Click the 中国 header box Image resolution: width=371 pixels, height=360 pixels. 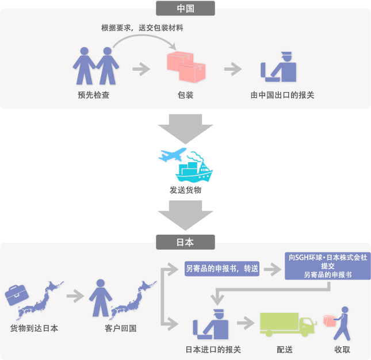[185, 8]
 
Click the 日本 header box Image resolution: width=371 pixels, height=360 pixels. [185, 242]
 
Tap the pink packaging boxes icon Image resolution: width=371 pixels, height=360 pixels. [186, 67]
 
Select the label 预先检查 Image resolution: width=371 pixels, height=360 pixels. [93, 95]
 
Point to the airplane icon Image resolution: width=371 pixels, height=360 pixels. [172, 155]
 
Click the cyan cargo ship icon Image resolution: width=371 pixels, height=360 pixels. [194, 168]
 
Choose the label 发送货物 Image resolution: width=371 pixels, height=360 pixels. [185, 190]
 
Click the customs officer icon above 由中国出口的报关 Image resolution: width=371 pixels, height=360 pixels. [278, 67]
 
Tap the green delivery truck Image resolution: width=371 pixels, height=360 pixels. [288, 324]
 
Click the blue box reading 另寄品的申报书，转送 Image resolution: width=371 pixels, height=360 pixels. [222, 269]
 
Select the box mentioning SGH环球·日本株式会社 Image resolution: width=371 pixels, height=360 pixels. [328, 266]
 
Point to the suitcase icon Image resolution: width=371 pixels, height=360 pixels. [17, 295]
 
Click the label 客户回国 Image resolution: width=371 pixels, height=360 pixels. [120, 328]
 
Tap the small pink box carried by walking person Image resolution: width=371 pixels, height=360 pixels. [330, 321]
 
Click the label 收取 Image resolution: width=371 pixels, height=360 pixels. [342, 349]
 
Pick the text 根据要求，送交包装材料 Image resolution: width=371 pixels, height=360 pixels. [142, 28]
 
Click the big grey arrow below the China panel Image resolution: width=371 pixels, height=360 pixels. [185, 129]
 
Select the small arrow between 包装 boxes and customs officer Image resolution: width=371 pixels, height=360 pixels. [233, 69]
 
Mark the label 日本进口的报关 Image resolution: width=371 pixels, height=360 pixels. [213, 349]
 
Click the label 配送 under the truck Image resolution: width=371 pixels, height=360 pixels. [285, 349]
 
